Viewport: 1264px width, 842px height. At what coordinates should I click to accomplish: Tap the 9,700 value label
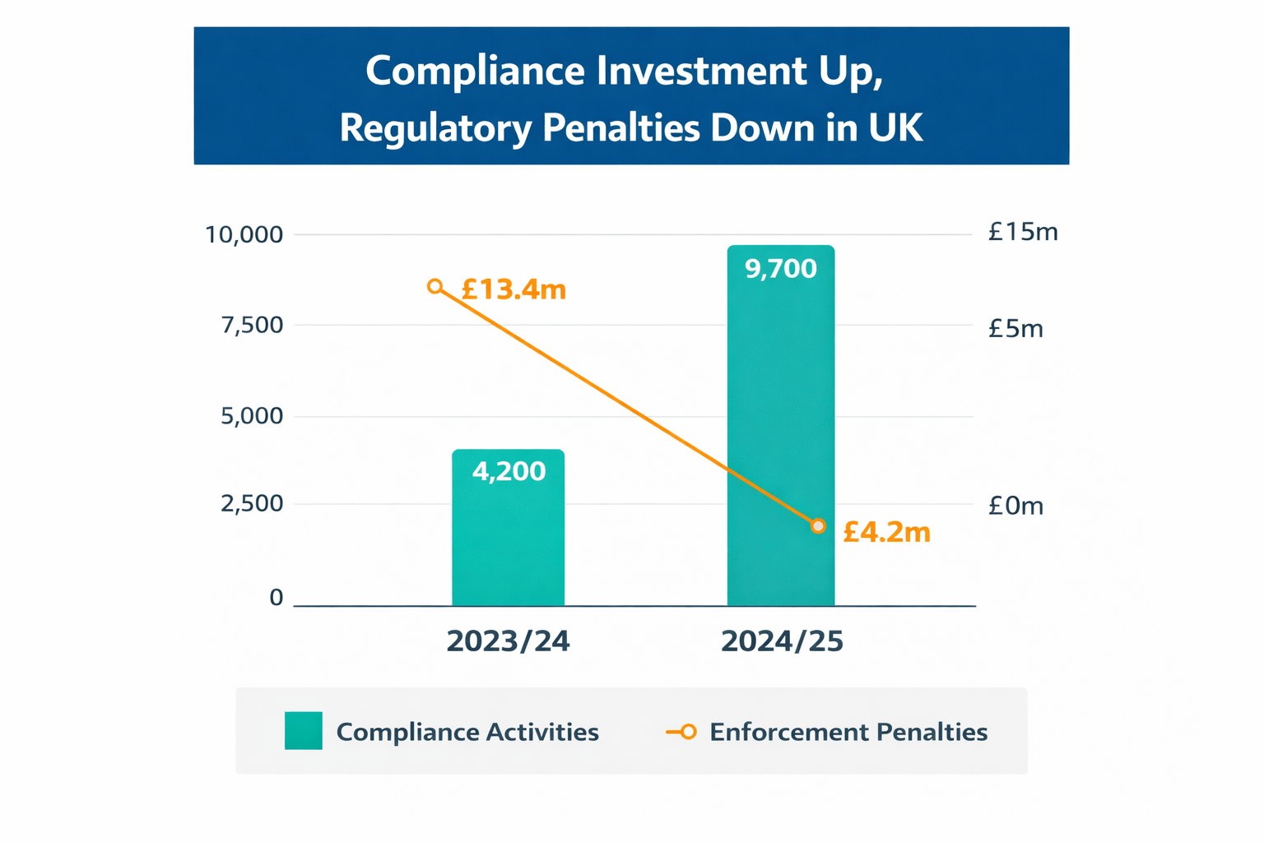(x=780, y=269)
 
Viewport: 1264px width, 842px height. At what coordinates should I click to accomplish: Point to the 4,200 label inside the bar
(x=509, y=471)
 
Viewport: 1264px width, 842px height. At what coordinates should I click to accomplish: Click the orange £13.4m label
(x=513, y=289)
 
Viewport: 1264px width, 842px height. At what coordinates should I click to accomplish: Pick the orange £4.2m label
(x=886, y=533)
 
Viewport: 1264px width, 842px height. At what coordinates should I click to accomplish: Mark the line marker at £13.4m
(x=435, y=286)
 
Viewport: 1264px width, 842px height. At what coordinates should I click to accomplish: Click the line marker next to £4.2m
(x=818, y=526)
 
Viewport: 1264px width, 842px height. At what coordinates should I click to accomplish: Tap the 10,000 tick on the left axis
(x=244, y=235)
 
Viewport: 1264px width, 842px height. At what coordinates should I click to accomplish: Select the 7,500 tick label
(x=252, y=326)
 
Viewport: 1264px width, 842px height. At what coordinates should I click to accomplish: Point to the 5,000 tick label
(x=252, y=416)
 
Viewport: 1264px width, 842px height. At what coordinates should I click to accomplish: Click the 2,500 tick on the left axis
(x=252, y=504)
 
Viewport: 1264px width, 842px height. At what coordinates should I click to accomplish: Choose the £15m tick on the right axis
(x=1023, y=233)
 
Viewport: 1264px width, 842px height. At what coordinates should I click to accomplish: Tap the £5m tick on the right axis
(x=1015, y=329)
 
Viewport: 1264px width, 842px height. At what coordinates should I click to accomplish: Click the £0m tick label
(x=1015, y=506)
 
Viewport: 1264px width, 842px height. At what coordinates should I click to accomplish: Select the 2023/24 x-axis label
(x=508, y=641)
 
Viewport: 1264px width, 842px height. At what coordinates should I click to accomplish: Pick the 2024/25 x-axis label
(x=782, y=641)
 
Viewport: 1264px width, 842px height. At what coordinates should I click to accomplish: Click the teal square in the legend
(x=303, y=731)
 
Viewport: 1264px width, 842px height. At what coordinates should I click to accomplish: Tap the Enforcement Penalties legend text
(x=848, y=732)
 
